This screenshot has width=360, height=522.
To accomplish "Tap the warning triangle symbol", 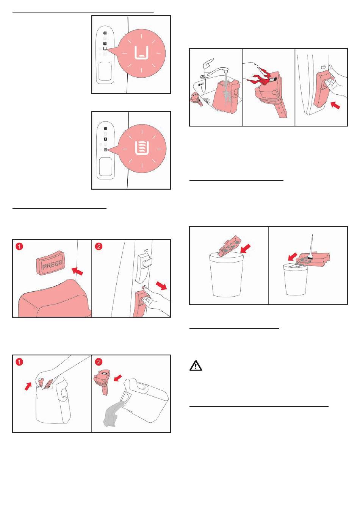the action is coord(196,366).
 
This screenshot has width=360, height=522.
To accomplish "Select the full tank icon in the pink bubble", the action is coord(142,147).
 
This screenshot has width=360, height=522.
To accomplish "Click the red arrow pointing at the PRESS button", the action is coord(77,271).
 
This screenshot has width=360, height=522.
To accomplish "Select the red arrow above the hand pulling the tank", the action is coord(161,285).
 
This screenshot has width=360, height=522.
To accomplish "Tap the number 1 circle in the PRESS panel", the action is coord(19,246).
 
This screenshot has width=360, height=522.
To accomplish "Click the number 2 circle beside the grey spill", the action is coord(99,362).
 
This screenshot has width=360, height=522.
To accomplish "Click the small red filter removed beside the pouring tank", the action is coord(102,381).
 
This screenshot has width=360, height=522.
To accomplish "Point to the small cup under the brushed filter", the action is coord(296,279).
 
